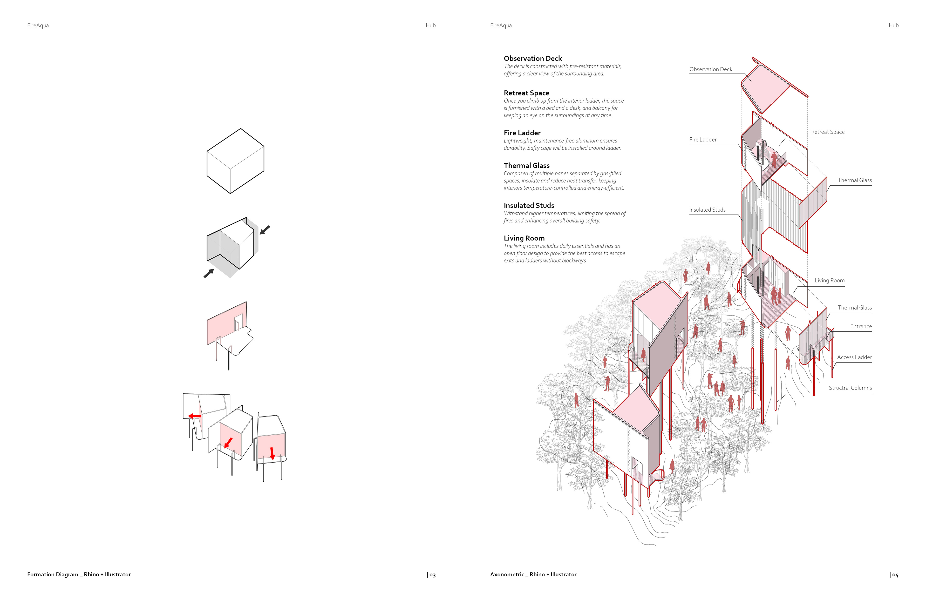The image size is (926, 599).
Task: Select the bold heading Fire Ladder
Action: coord(522,133)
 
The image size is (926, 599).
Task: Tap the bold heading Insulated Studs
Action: coord(529,205)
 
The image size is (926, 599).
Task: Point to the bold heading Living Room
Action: coord(524,238)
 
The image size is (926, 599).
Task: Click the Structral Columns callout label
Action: coord(850,388)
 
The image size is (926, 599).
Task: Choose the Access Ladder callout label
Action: coord(854,357)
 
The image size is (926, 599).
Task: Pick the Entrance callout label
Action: coord(861,326)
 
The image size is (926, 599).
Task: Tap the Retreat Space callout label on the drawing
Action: coord(828,132)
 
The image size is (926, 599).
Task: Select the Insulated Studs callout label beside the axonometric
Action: coord(707,210)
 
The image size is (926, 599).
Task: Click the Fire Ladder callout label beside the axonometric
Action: coord(703,139)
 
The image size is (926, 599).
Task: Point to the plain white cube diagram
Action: coord(235,161)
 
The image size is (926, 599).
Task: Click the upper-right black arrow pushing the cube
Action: coord(265,230)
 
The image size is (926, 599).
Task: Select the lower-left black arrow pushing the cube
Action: coord(209,273)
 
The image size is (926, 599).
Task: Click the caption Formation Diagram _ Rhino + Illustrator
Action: coord(79,574)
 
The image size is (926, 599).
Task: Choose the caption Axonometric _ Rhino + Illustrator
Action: coord(533,574)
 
